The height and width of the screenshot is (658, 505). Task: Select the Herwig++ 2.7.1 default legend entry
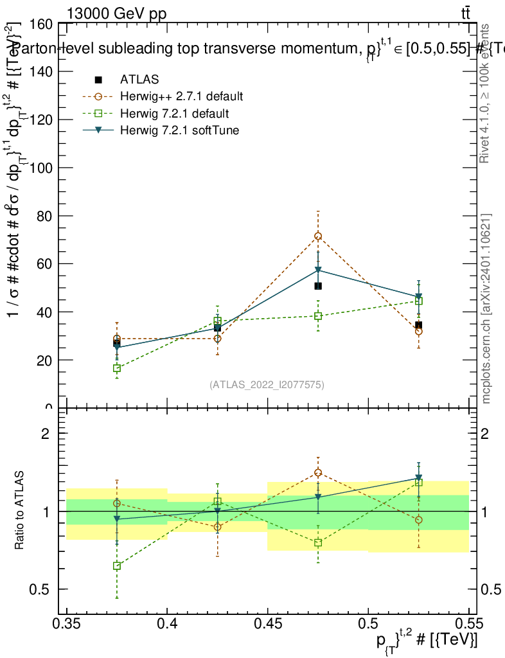pos(181,97)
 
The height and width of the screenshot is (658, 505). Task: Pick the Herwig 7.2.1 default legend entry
pos(174,114)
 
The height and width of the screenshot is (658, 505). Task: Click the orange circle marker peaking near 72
pos(318,236)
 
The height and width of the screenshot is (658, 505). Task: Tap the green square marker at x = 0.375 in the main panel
pos(117,368)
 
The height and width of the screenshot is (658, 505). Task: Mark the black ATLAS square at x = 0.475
pos(318,286)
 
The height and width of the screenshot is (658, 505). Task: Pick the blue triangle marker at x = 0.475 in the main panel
pos(318,270)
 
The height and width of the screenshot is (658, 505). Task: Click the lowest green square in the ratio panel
pos(117,566)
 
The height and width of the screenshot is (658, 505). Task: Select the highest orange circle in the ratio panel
pos(318,472)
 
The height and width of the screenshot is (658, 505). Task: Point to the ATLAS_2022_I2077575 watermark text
pos(267,385)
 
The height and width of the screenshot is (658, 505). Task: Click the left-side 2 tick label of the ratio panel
pos(46,434)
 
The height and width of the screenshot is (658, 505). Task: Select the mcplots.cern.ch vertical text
pos(486,308)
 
